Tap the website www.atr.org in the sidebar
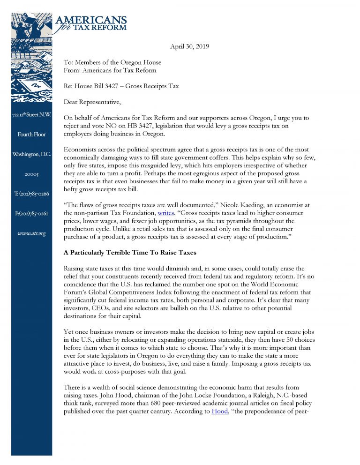coord(31,233)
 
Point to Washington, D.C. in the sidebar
coord(31,154)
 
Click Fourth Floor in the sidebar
coord(31,135)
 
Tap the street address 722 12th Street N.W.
coord(31,115)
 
